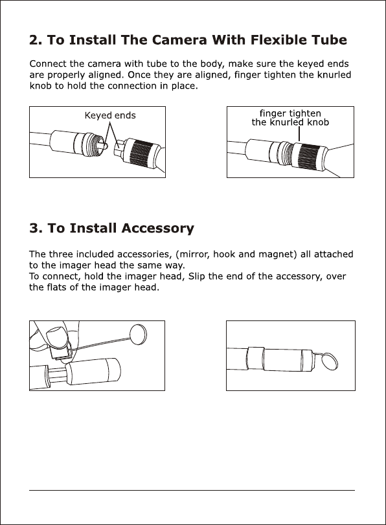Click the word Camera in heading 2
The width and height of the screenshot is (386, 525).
tap(179, 40)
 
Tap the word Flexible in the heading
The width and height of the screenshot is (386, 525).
tap(278, 40)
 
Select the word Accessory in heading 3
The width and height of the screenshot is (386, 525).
tap(157, 229)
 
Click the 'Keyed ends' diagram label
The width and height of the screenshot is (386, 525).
tap(110, 115)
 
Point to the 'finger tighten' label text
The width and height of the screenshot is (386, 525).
tap(290, 113)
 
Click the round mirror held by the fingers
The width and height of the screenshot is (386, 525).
tap(139, 334)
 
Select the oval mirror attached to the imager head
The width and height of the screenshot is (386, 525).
tap(330, 361)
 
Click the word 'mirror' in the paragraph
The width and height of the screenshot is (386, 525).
tap(194, 254)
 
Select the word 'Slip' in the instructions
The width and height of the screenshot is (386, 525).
tap(196, 276)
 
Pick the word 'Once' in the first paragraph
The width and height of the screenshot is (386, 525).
tap(139, 74)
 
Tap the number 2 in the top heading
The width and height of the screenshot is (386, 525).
tap(35, 40)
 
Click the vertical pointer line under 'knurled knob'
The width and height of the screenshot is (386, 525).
tap(299, 134)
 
